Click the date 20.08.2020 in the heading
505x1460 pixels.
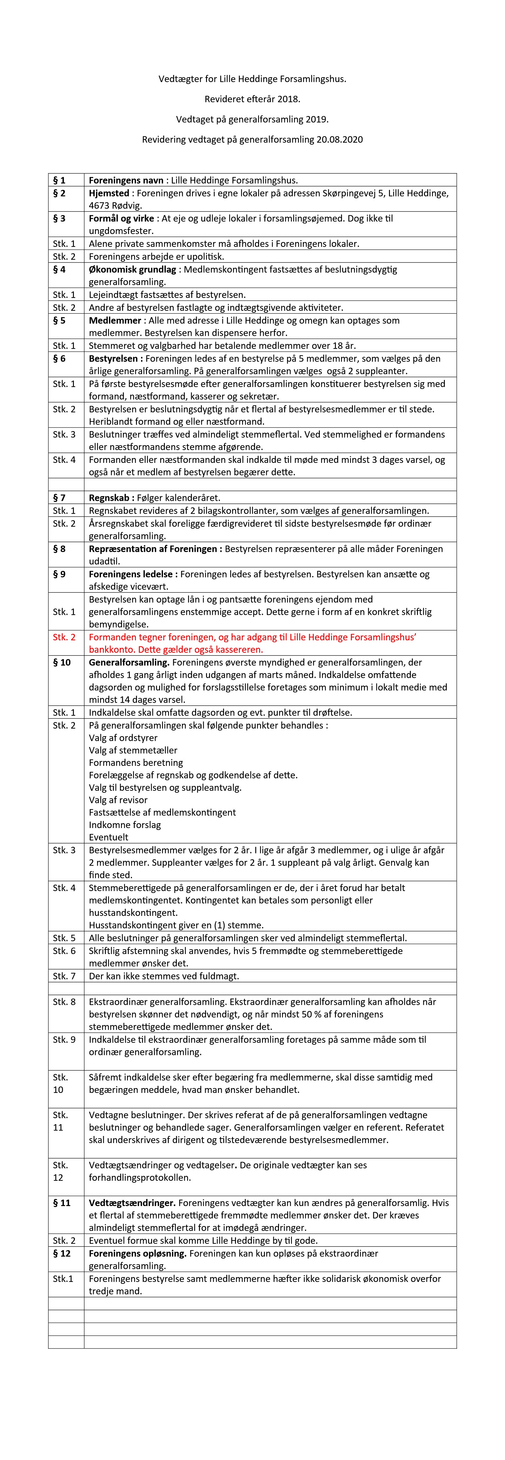pyautogui.click(x=338, y=140)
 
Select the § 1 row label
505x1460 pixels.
pyautogui.click(x=59, y=180)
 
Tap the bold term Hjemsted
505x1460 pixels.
pyautogui.click(x=109, y=193)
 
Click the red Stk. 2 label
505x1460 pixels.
pyautogui.click(x=64, y=637)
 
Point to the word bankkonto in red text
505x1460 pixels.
pyautogui.click(x=108, y=650)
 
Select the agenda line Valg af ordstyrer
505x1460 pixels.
pyautogui.click(x=123, y=738)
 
